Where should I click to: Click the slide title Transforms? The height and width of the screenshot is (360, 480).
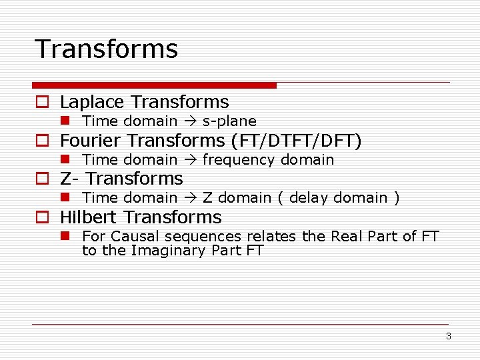pyautogui.click(x=106, y=49)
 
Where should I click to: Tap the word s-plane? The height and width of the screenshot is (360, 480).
pyautogui.click(x=229, y=121)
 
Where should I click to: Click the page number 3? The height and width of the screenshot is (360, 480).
pyautogui.click(x=449, y=336)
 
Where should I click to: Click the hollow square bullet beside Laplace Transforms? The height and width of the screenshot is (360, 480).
pyautogui.click(x=42, y=103)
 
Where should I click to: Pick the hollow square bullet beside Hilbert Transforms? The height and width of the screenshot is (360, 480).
pyautogui.click(x=42, y=218)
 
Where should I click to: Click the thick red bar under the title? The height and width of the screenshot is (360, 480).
pyautogui.click(x=154, y=85)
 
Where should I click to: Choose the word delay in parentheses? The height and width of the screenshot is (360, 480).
pyautogui.click(x=309, y=198)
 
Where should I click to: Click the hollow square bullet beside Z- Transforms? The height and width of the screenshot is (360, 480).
pyautogui.click(x=42, y=179)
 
